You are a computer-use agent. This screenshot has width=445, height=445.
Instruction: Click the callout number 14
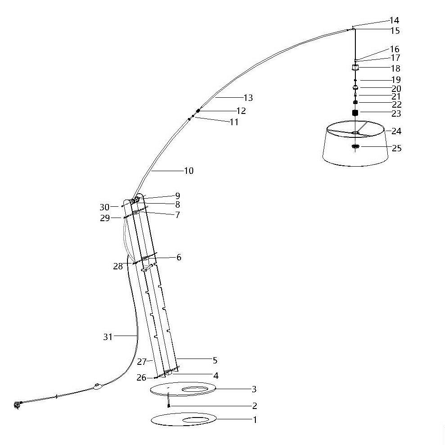tap(395, 20)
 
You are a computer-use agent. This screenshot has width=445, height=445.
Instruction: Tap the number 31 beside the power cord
tap(108, 337)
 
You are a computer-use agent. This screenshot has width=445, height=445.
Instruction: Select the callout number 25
tap(397, 148)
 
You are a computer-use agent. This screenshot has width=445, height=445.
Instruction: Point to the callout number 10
tap(189, 171)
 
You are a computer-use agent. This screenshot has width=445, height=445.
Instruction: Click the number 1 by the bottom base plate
tap(255, 419)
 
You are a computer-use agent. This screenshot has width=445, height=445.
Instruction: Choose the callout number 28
tap(118, 266)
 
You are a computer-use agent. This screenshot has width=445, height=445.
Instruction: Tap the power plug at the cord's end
tap(18, 405)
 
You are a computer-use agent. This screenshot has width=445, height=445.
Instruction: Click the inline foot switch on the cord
tap(98, 386)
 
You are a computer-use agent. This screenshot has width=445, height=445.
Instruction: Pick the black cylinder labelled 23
tap(355, 113)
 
